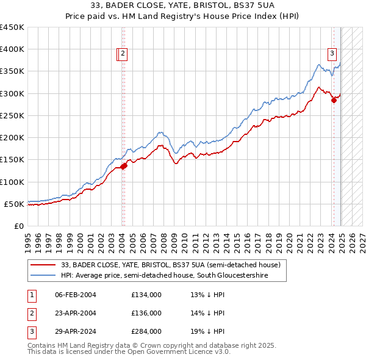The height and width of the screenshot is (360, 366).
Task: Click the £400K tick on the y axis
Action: point(12,49)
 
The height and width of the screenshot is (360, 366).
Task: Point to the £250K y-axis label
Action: point(12,115)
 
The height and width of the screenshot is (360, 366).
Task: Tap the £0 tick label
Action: point(19,226)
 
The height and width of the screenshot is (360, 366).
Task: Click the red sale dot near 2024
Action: point(334,101)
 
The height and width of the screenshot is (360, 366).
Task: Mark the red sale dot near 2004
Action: point(123,166)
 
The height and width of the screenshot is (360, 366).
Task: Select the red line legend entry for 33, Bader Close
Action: point(170,265)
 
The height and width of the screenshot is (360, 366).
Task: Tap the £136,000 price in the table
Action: point(146,313)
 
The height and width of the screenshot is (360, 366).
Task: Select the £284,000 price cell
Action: point(146,332)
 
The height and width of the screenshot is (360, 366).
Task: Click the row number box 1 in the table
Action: point(31,295)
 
